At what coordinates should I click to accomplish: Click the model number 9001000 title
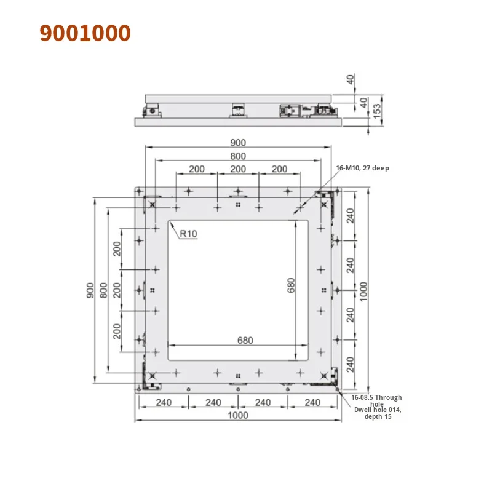(85, 33)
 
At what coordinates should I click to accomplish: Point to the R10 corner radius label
(189, 234)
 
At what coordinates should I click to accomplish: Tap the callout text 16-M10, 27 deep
(362, 168)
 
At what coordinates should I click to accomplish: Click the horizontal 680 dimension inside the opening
(238, 339)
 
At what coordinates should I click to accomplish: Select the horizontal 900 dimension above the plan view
(237, 142)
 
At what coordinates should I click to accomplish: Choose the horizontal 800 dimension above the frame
(237, 156)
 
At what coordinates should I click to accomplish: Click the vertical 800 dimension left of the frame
(104, 289)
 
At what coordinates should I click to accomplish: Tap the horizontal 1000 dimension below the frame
(237, 415)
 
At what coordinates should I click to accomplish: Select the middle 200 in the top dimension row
(238, 169)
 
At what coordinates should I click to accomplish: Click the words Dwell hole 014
(376, 410)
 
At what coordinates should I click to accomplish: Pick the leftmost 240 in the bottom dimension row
(162, 402)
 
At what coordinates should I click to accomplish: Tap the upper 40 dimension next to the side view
(351, 79)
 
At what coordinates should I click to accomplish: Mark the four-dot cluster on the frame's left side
(152, 290)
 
